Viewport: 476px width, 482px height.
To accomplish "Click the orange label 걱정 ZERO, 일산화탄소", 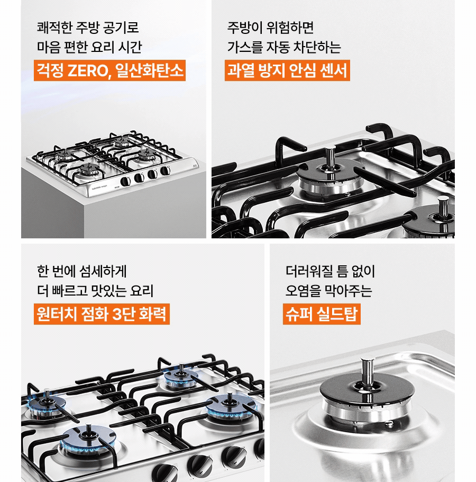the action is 109,70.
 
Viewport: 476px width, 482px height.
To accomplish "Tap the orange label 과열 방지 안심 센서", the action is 287,70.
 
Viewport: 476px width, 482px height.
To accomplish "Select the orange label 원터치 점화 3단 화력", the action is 102,314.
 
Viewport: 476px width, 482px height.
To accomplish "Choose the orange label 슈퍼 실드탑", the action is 322,314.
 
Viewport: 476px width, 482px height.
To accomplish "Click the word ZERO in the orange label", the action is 88,70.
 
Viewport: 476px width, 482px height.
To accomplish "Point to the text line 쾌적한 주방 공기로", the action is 88,28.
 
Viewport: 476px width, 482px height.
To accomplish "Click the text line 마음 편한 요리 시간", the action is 89,47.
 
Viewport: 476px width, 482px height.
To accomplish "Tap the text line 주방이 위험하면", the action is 270,28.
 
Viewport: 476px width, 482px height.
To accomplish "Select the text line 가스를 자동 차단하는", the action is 284,47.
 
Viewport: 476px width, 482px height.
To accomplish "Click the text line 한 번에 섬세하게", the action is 81,271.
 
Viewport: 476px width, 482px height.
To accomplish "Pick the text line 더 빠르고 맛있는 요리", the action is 95,290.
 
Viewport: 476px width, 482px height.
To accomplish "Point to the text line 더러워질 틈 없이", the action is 330,271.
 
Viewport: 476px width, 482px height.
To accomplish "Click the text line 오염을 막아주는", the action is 328,290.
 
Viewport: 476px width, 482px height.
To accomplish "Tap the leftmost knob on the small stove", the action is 125,181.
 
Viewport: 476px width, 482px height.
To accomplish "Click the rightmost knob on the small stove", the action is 165,171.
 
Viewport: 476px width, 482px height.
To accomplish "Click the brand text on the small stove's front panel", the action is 98,186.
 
